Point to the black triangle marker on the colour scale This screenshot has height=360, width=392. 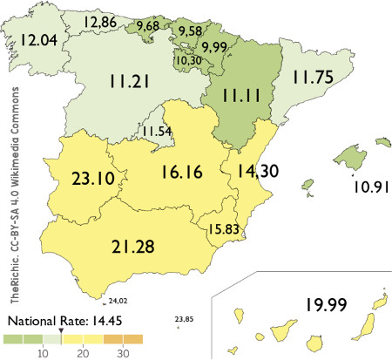tap(60, 331)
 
